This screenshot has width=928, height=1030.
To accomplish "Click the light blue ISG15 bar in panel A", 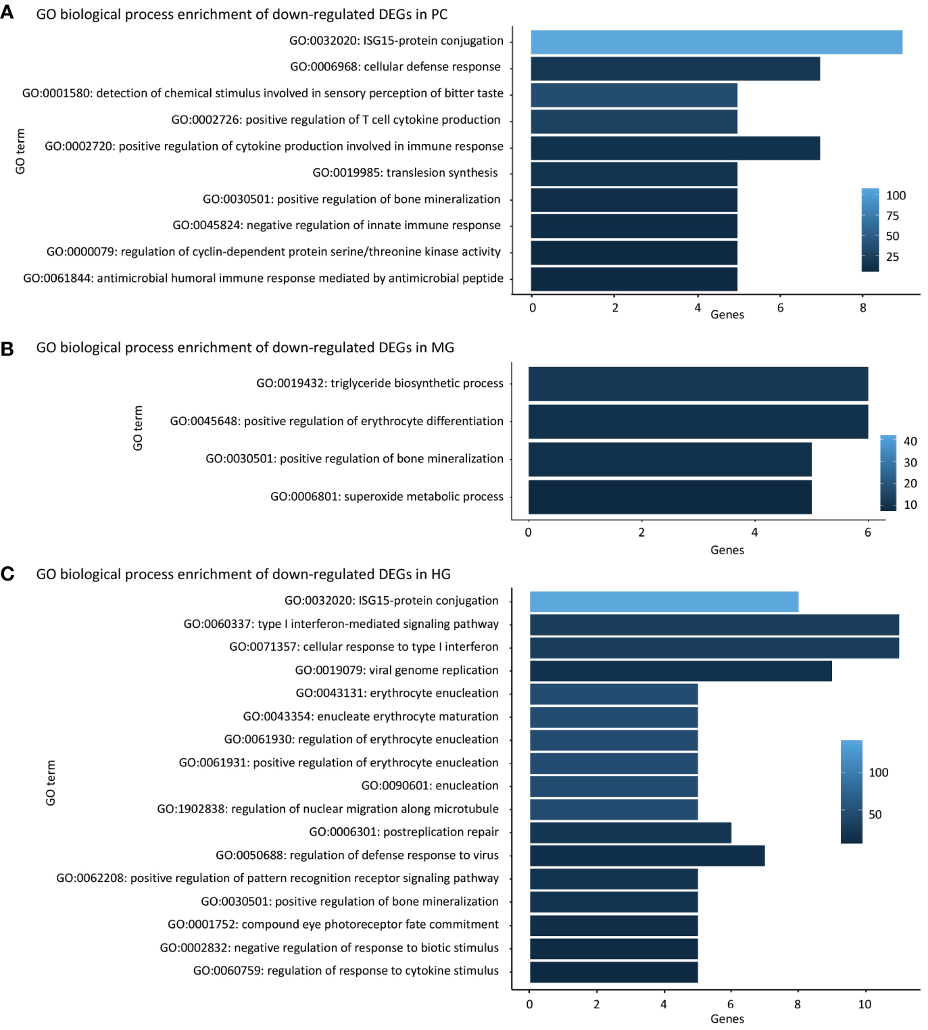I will [x=716, y=42].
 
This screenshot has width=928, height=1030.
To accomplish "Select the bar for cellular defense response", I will [x=675, y=69].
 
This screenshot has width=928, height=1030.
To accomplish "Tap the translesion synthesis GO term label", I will [x=405, y=173].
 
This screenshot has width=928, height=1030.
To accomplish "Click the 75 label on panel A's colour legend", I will [x=892, y=216].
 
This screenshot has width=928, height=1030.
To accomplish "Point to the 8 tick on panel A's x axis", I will [x=862, y=308].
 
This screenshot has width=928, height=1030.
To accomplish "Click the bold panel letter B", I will [x=7, y=349].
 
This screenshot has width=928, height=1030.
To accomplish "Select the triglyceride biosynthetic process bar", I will [x=698, y=384].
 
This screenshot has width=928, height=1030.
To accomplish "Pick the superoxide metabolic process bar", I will [x=669, y=497].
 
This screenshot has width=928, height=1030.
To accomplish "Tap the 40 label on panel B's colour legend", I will [x=910, y=441].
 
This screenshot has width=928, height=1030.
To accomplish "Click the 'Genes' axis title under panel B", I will [x=727, y=550].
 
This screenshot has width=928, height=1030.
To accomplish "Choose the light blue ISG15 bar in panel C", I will [x=664, y=602].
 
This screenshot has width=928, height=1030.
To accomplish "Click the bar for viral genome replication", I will [x=681, y=671].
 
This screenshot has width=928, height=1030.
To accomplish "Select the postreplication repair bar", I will [x=630, y=833].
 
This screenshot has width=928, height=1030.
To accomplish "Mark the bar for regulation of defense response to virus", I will [x=647, y=856].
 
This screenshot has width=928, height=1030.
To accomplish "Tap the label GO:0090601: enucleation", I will [x=430, y=786].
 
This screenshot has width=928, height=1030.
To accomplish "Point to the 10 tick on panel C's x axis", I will [x=864, y=1004].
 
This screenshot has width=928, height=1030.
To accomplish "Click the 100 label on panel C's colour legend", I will [x=878, y=772].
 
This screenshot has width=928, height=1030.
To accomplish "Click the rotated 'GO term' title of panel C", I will [x=51, y=783].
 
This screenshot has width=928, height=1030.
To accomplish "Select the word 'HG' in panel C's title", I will [x=441, y=574].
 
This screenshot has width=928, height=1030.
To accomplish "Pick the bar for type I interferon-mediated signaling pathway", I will [x=714, y=625].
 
